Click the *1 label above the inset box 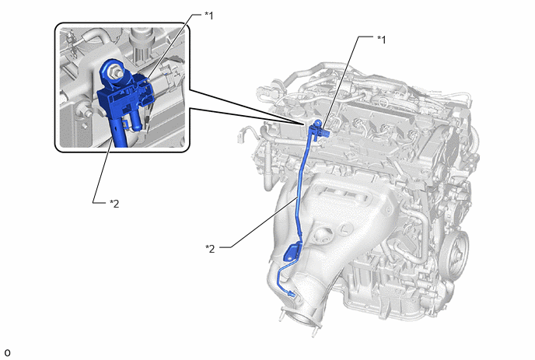[x=209, y=16]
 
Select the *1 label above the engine [x=382, y=40]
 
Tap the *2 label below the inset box [x=114, y=204]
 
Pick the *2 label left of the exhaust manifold [x=210, y=248]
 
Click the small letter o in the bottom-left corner [x=7, y=352]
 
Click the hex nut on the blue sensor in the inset [x=113, y=72]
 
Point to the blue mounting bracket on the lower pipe [x=292, y=251]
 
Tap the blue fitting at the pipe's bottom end [x=291, y=293]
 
